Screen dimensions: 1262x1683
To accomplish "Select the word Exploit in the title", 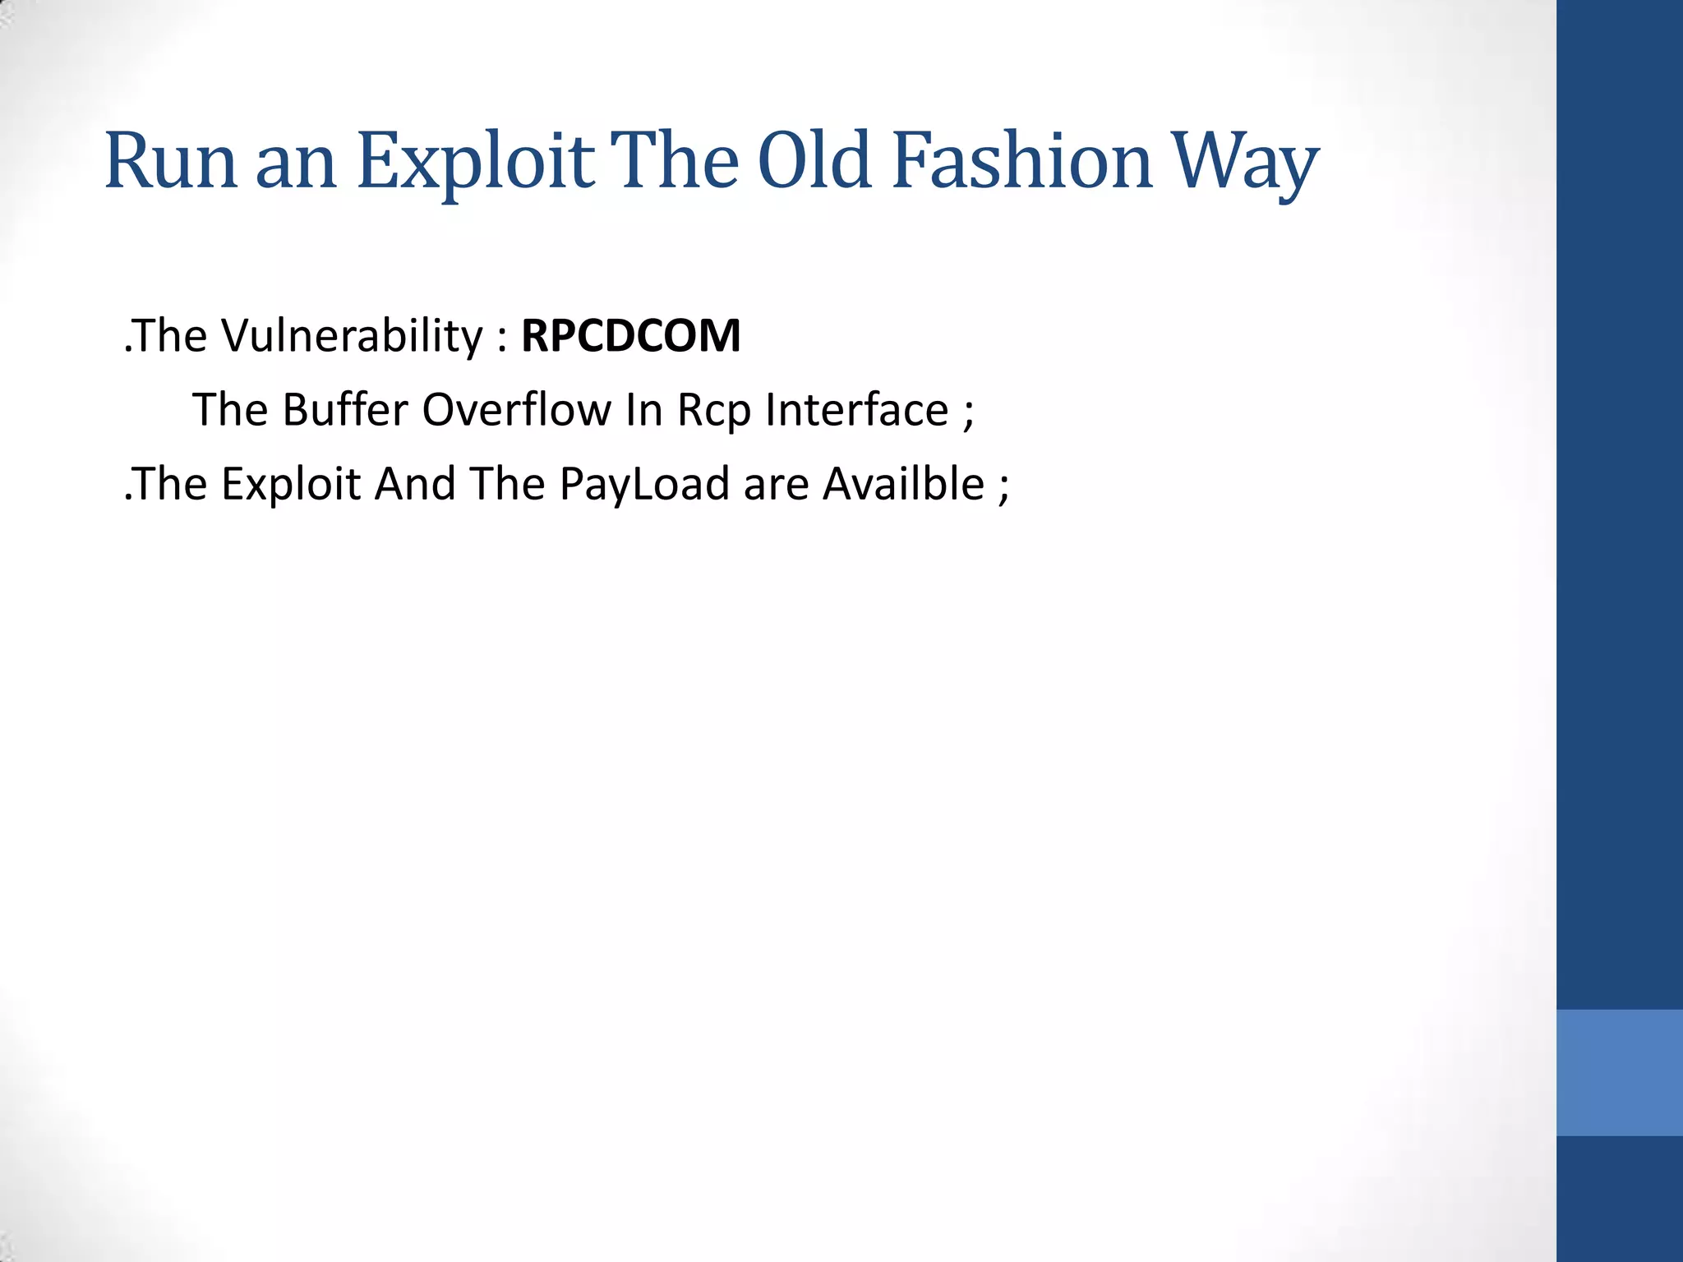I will [476, 163].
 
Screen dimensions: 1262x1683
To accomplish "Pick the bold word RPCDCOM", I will [630, 336].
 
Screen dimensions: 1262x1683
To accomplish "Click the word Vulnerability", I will [353, 336].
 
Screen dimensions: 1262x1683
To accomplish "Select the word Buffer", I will [345, 409].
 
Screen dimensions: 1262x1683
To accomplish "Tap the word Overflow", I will [517, 409].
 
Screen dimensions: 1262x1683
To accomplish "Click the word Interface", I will [856, 409].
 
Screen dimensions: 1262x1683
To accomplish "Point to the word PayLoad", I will [644, 484].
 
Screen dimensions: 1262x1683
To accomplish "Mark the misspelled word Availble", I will [903, 483].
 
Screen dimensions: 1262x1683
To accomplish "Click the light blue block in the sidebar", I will [1619, 1072].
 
